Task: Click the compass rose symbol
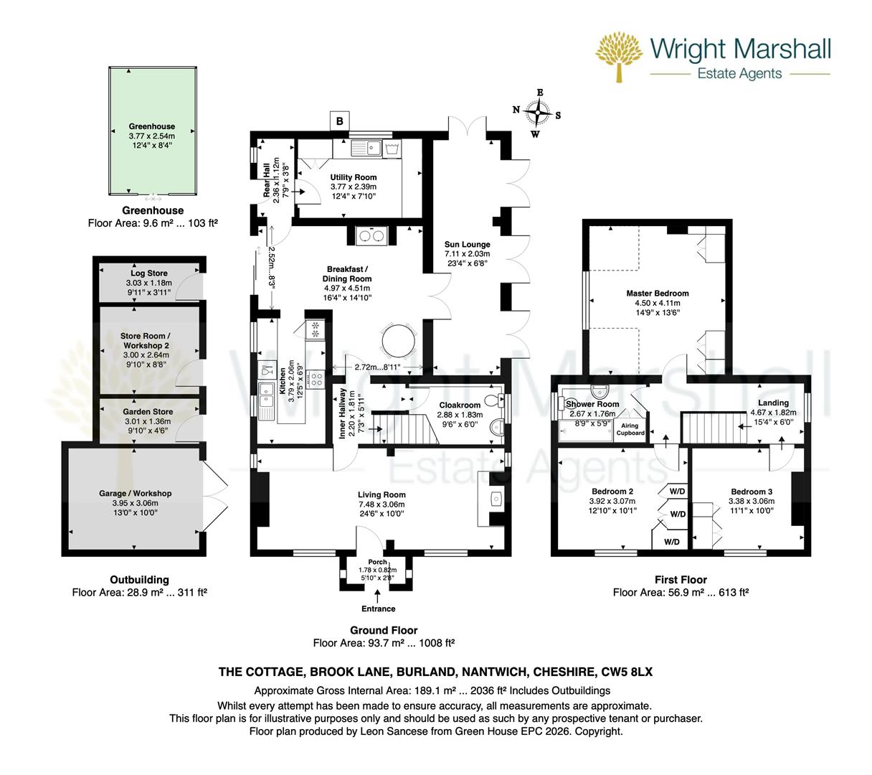click(537, 112)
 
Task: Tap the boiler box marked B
click(340, 121)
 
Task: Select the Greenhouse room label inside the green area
click(152, 126)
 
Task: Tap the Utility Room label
click(353, 177)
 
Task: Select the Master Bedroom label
click(657, 293)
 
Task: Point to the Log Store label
click(149, 273)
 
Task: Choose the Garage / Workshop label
click(135, 494)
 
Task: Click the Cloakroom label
click(459, 405)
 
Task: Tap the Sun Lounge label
click(467, 245)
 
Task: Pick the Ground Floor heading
click(384, 630)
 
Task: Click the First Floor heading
click(681, 580)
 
